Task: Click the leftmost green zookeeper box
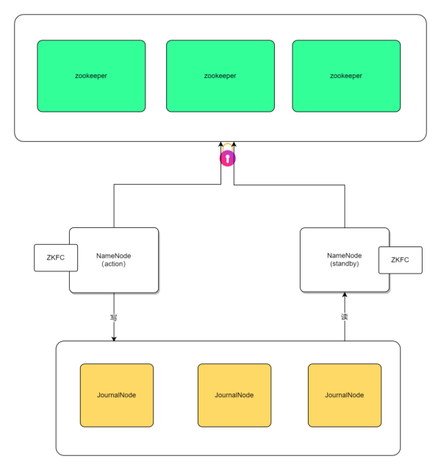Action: [91, 76]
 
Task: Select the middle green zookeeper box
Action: [220, 76]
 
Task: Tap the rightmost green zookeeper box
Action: [346, 76]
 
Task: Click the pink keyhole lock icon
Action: [228, 158]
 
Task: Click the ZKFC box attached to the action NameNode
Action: [51, 257]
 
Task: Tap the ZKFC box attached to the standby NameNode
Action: [400, 260]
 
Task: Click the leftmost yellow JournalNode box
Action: [116, 395]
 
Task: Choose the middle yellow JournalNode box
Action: [234, 395]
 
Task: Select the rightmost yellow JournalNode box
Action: [344, 395]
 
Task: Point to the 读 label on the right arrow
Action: [344, 318]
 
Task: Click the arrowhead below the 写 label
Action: [114, 338]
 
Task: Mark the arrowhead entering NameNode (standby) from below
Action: [344, 296]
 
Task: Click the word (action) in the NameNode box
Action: [114, 265]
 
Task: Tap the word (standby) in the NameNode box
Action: [344, 263]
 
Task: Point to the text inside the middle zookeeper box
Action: [220, 76]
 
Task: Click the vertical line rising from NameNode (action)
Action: [114, 206]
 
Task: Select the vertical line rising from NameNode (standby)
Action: [344, 206]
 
